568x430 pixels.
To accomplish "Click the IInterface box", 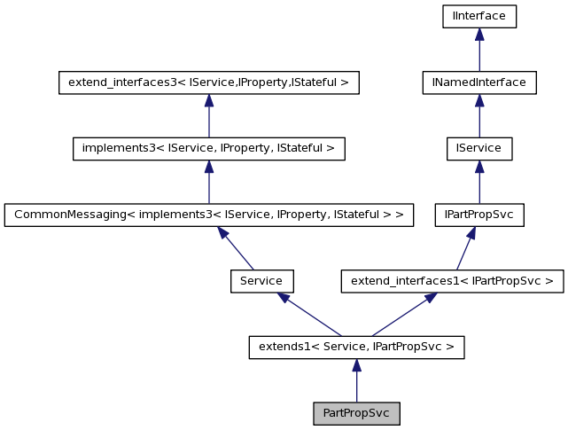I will tap(479, 16).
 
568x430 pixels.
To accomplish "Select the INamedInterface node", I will tap(479, 82).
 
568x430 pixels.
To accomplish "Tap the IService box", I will tap(479, 148).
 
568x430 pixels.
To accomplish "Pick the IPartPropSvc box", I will tap(479, 215).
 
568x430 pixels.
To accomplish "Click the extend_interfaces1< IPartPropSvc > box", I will tap(453, 281).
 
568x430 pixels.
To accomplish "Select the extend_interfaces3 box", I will tap(208, 82).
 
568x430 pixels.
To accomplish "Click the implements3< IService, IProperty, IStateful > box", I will tap(208, 148).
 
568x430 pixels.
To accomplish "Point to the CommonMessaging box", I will tap(208, 215).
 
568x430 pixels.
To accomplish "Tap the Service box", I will tap(261, 281).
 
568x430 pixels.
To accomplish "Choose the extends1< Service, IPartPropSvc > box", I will tap(356, 347).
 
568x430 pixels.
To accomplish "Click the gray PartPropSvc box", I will tap(356, 413).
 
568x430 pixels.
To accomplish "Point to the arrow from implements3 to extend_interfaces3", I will tap(208, 115).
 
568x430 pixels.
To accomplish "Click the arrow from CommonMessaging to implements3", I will tap(208, 182).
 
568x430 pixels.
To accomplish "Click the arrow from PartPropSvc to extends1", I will tap(356, 380).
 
